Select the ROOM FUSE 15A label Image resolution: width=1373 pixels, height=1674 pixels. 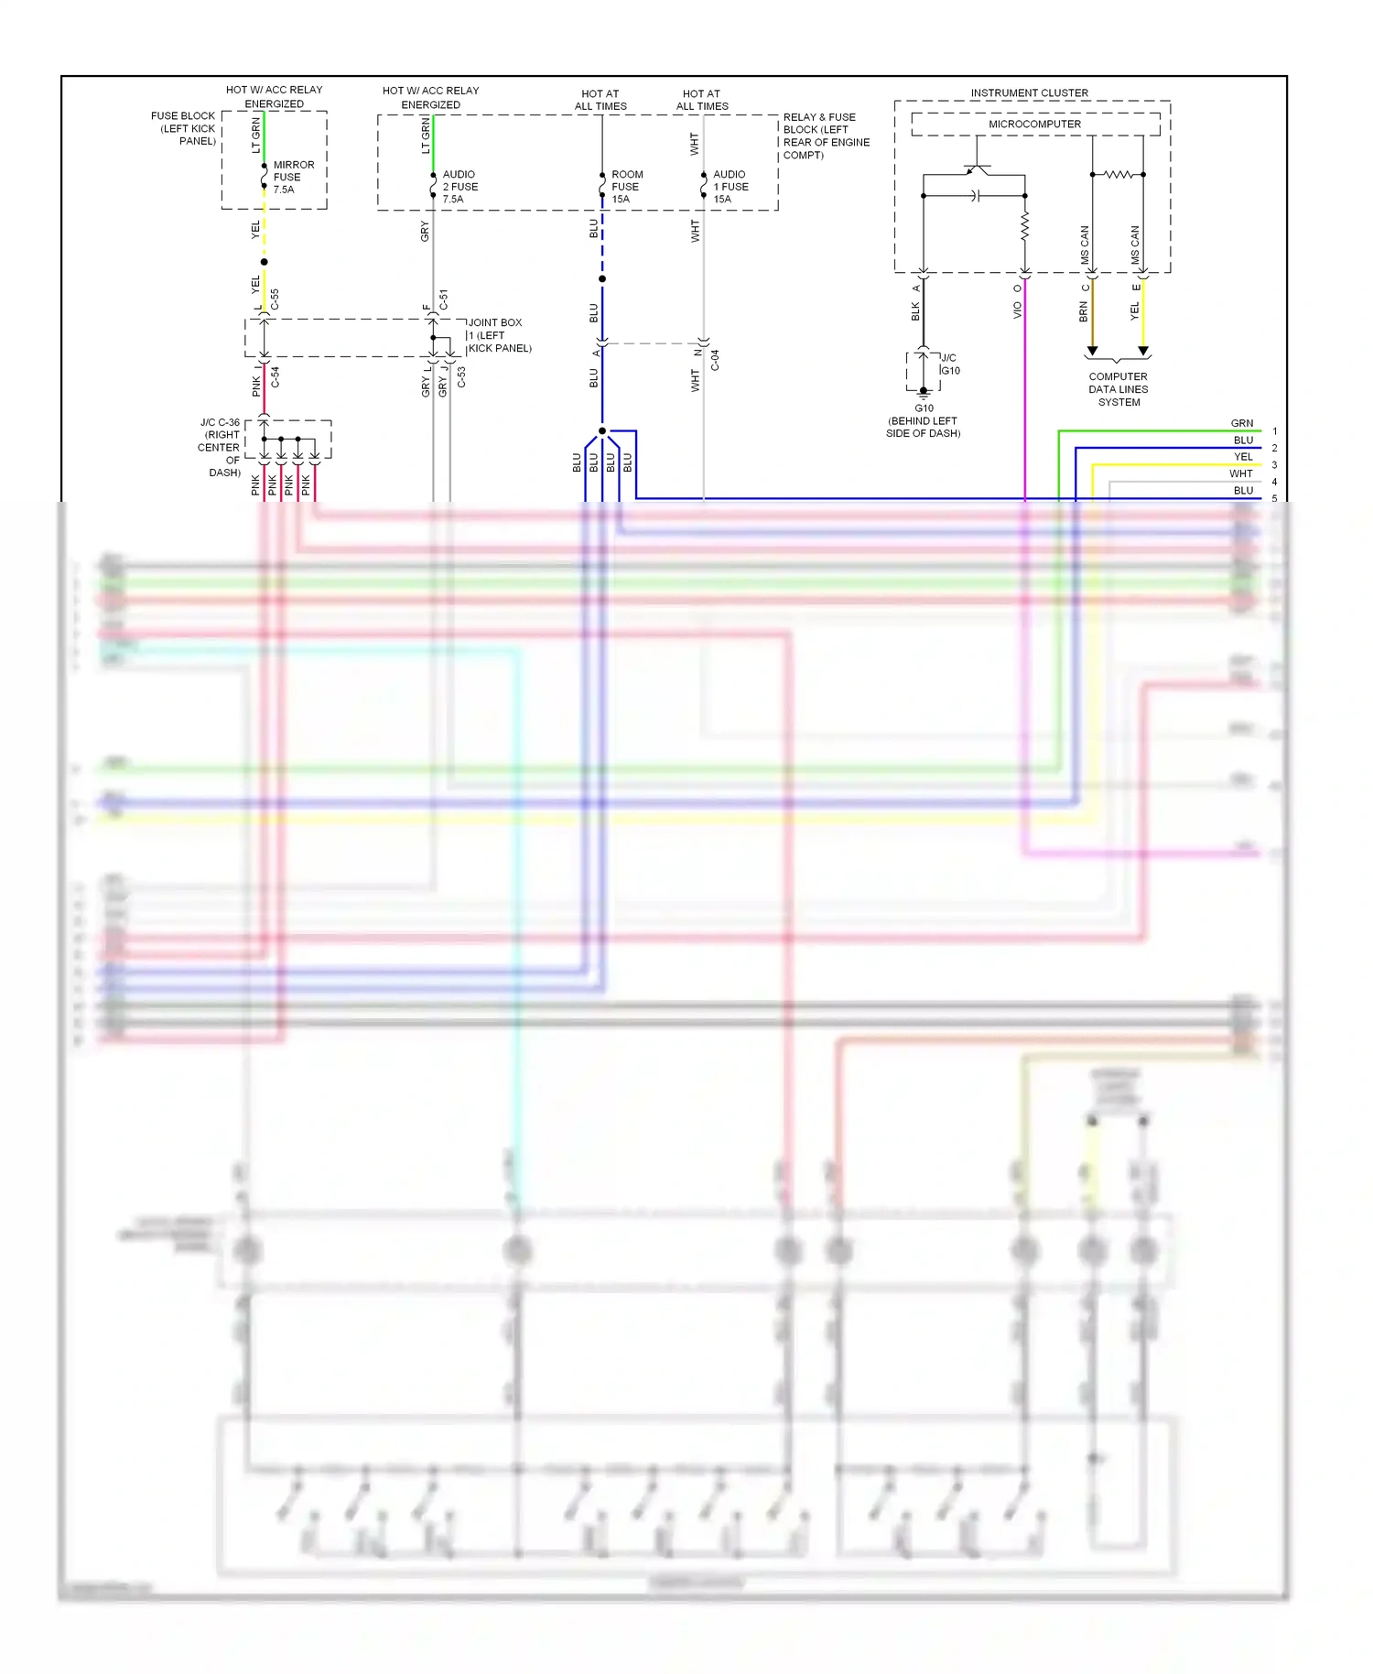click(626, 187)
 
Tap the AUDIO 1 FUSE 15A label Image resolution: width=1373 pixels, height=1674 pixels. click(730, 187)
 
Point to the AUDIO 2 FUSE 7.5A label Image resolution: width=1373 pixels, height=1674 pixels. click(459, 187)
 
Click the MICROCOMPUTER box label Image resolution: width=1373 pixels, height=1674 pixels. click(1034, 125)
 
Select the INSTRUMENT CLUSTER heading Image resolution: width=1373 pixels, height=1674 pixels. click(1029, 93)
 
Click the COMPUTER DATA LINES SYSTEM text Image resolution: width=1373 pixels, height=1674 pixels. click(1118, 389)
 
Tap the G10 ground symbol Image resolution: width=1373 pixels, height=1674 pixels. click(923, 392)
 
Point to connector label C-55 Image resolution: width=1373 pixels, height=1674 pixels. click(275, 299)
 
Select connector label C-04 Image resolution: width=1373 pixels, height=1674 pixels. click(715, 360)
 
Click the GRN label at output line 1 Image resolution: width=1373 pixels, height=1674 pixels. click(1241, 423)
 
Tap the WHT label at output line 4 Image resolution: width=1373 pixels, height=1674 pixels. click(1240, 473)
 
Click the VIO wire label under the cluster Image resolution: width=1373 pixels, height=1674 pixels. click(1017, 311)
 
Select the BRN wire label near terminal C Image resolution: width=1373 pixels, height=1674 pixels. click(1084, 312)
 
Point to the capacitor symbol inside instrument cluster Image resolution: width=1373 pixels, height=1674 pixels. click(976, 196)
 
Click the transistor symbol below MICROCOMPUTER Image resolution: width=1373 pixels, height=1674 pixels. click(977, 168)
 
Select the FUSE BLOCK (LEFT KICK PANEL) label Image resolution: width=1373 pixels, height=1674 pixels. click(185, 128)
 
